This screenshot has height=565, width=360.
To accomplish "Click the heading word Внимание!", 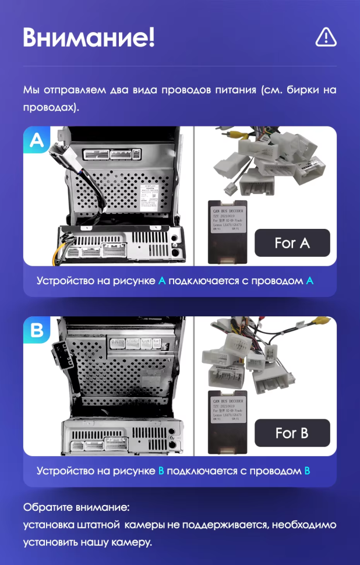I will pos(89,38).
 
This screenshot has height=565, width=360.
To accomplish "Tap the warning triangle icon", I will pos(326,37).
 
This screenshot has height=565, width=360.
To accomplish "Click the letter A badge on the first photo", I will pos(37,141).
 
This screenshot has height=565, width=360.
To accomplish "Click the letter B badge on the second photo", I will pos(37,331).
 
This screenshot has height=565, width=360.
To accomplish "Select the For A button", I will pos(292,243).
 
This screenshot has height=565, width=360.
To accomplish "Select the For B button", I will pos(292,433).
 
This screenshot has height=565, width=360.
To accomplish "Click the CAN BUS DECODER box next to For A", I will pos(228,230).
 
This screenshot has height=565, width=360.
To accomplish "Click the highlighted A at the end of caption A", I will pos(309,281).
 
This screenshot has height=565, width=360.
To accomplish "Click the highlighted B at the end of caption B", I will pos(307,471).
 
